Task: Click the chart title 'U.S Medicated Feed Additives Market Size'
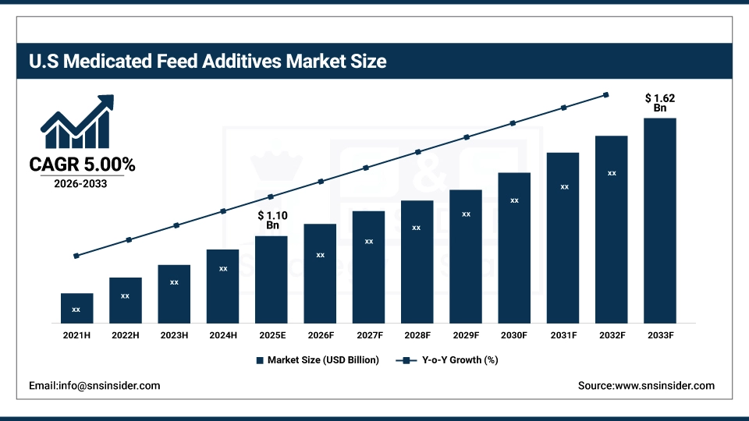[x=207, y=61]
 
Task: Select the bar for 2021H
[x=76, y=308]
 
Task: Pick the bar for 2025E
[x=271, y=279]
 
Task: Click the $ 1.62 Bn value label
[x=659, y=103]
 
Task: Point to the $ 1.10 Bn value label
[x=272, y=220]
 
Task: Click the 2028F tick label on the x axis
[x=417, y=335]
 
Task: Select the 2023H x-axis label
[x=174, y=335]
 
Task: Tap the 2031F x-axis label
[x=563, y=335]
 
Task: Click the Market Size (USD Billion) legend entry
[x=317, y=360]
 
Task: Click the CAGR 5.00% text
[x=82, y=165]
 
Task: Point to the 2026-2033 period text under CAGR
[x=81, y=185]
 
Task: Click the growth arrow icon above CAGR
[x=76, y=123]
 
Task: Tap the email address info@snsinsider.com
[x=94, y=386]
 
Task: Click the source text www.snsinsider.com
[x=646, y=386]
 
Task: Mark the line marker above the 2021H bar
[x=76, y=256]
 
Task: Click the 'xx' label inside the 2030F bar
[x=514, y=200]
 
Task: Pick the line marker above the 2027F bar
[x=368, y=167]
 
